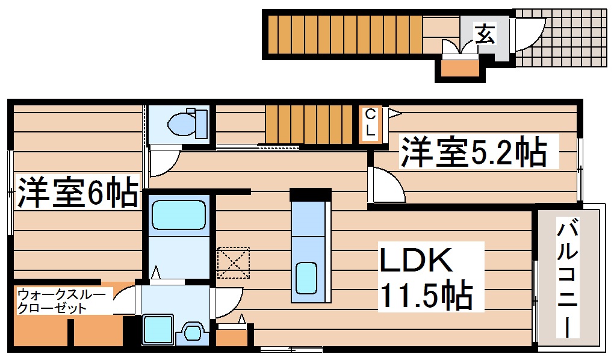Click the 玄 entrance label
pos(485,33)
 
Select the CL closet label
pos(371,123)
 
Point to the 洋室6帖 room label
pos(76,192)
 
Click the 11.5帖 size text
pos(424,294)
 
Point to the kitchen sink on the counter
pos(306,277)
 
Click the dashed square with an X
pos(233,262)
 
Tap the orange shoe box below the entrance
pos(460,68)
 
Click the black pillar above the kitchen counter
pos(311,194)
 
